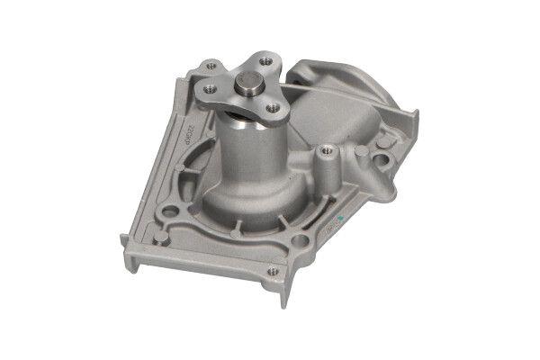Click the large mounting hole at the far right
[x=382, y=162]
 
